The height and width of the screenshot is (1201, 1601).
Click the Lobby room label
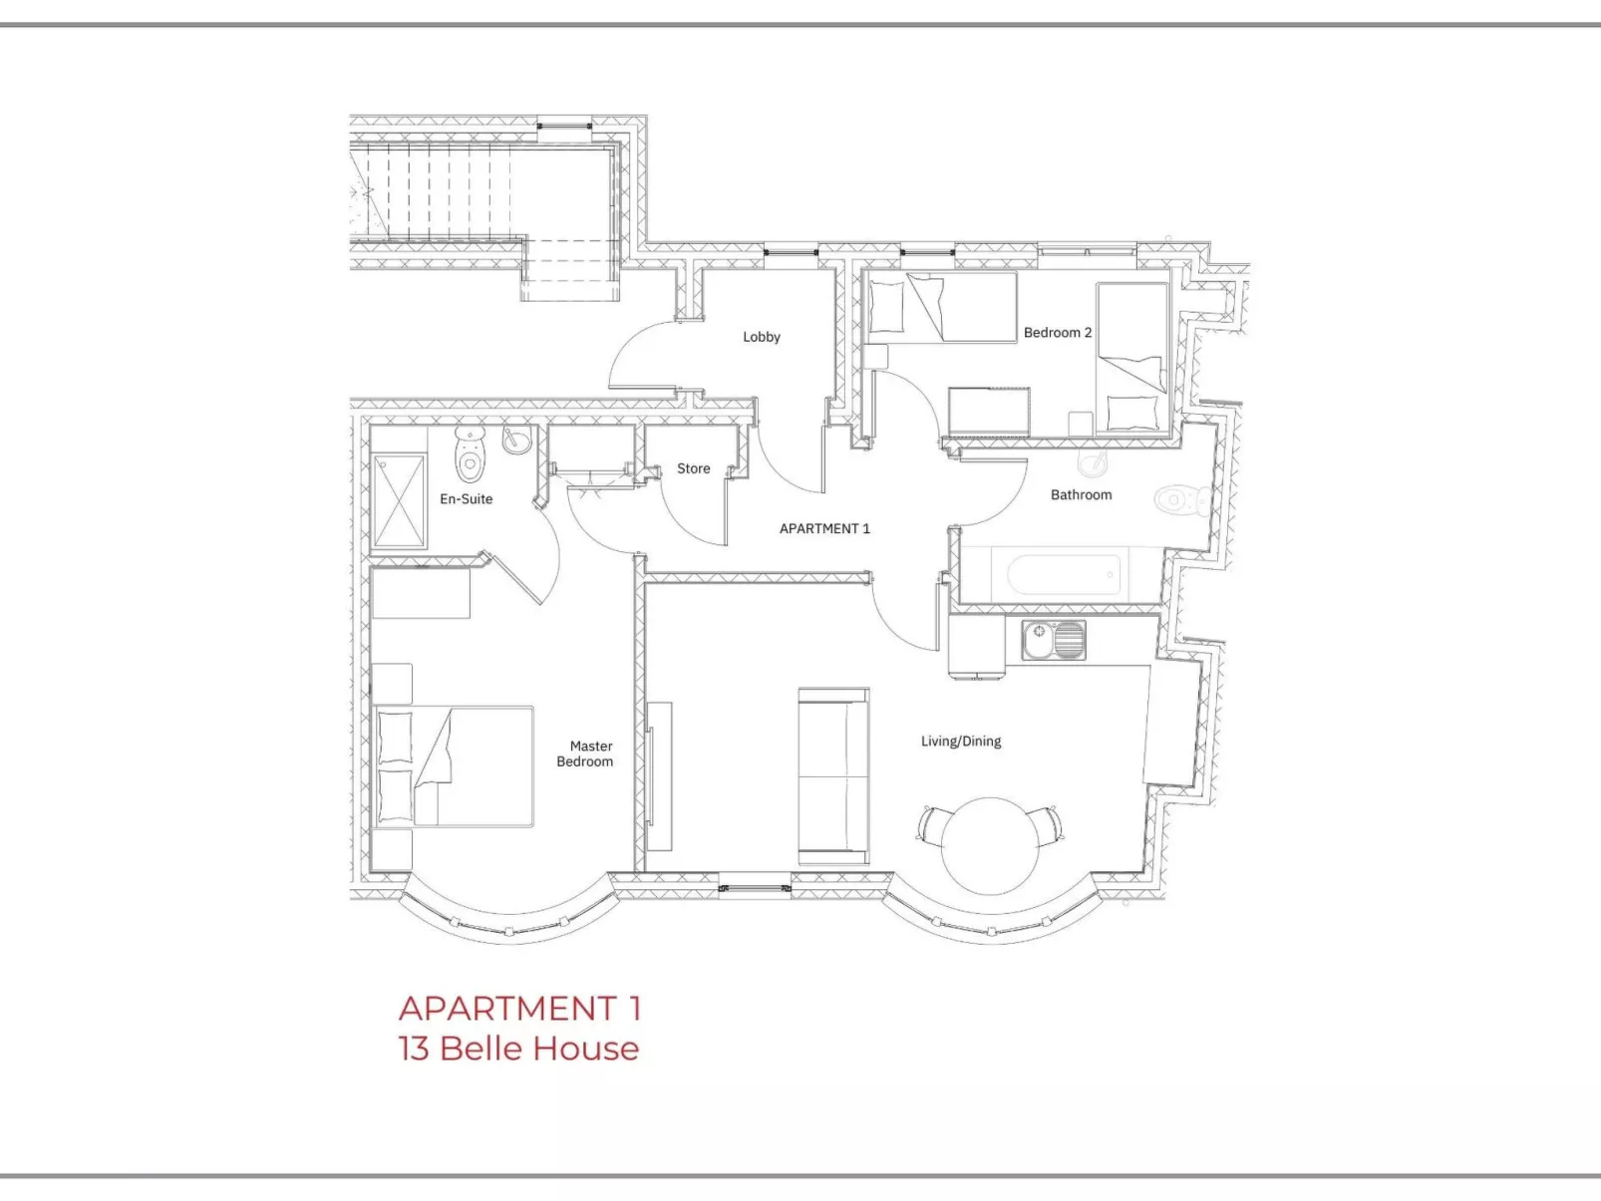point(762,337)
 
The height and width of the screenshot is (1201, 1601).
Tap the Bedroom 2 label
point(1057,333)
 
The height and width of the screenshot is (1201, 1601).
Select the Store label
point(694,468)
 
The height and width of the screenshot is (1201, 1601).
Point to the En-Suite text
point(467,499)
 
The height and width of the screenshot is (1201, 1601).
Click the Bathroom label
point(1081,495)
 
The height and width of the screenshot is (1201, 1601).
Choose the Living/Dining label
point(961,742)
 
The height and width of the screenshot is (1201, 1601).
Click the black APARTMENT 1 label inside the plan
point(824,529)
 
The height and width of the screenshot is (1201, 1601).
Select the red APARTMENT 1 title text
point(519,1009)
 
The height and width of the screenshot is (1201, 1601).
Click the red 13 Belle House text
point(518,1049)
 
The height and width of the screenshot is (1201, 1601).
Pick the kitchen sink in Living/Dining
point(1054,641)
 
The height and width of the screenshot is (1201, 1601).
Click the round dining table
point(990,845)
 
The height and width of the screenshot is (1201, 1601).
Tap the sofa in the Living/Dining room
point(833,776)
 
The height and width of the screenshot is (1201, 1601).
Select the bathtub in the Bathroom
point(1064,575)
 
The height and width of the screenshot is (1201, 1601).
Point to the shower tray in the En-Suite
point(399,501)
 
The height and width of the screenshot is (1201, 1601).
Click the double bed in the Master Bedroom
point(455,766)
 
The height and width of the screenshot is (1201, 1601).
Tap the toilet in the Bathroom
point(1182,499)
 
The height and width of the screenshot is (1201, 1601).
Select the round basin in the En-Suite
point(516,439)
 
